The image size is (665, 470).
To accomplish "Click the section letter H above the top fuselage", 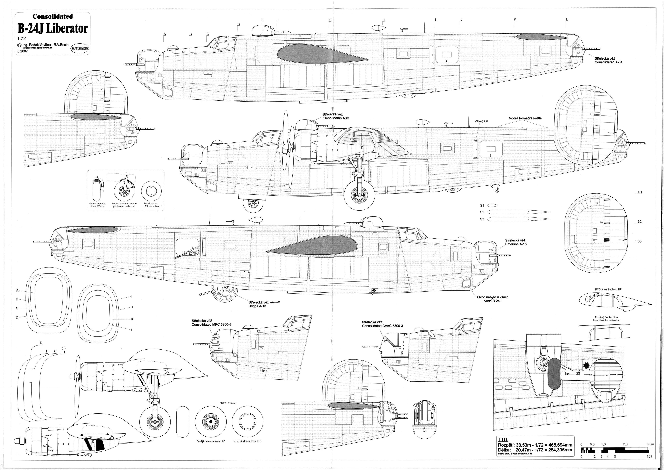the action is [x=384, y=20].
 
